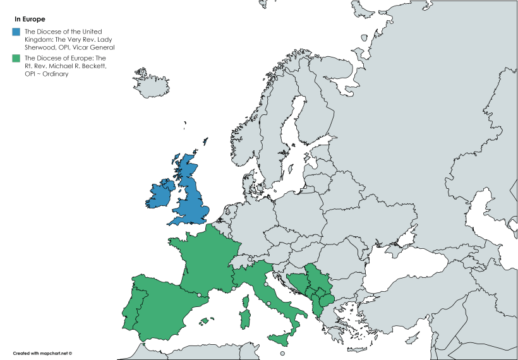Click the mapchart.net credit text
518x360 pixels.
[43, 353]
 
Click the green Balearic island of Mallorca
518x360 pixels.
[204, 321]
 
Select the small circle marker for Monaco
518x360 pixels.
[234, 289]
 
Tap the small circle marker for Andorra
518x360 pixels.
[200, 295]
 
